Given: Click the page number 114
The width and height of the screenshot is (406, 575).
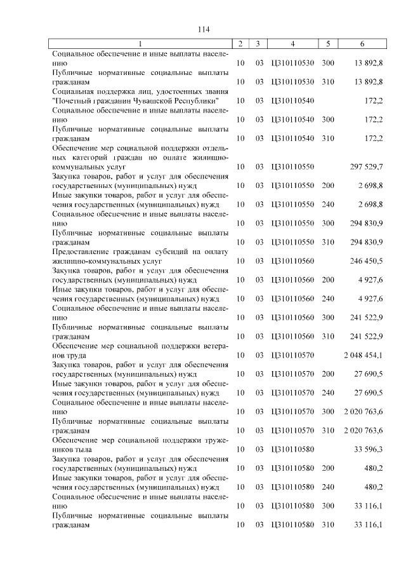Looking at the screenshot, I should point(203,29).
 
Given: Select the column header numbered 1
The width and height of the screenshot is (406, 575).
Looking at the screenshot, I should point(141,44).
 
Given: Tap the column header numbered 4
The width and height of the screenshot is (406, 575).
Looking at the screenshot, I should point(292,44).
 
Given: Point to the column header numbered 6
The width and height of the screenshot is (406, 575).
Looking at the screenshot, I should point(362,44).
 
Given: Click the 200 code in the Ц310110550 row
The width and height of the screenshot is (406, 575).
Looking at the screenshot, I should point(328,186).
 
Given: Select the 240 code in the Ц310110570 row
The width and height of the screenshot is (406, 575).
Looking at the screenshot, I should point(328,393).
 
